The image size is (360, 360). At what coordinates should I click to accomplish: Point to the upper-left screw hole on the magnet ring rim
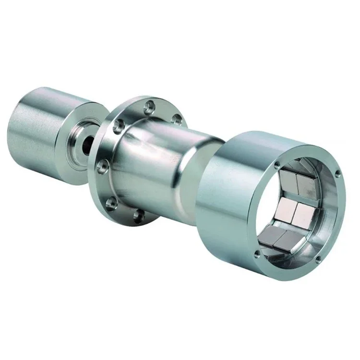tap(277, 165)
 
